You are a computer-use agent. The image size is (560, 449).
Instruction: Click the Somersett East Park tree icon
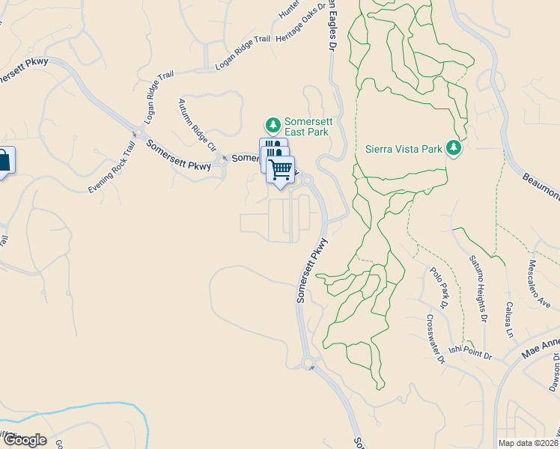pyautogui.click(x=274, y=123)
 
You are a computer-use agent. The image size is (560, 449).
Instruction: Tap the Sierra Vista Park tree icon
pyautogui.click(x=453, y=148)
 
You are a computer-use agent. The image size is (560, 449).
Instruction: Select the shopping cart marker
pyautogui.click(x=281, y=170)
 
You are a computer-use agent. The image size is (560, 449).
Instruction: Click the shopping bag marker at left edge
pyautogui.click(x=4, y=161)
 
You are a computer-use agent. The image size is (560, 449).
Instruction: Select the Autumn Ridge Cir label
pyautogui.click(x=197, y=124)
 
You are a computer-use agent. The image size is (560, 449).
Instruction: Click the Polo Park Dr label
pyautogui.click(x=439, y=289)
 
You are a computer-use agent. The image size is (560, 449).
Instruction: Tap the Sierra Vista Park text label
pyautogui.click(x=404, y=148)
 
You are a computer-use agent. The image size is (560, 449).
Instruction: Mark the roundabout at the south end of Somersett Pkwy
pyautogui.click(x=308, y=364)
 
